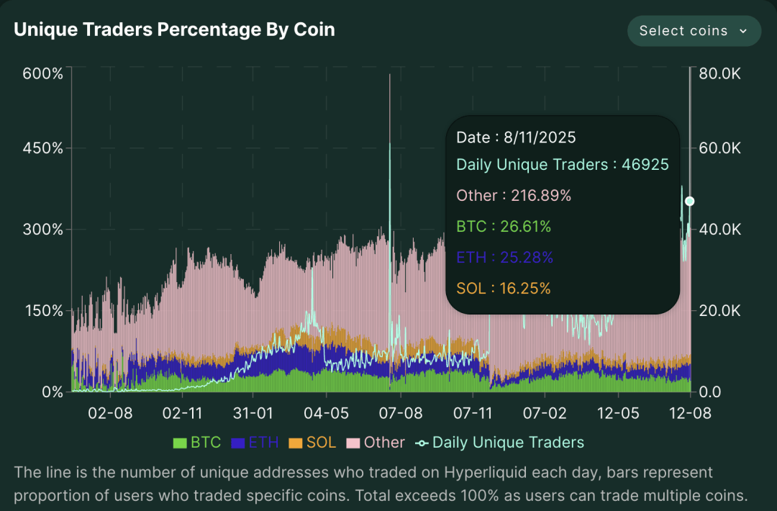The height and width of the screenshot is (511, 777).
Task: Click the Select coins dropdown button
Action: (694, 31)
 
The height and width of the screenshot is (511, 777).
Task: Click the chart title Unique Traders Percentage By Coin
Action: (174, 30)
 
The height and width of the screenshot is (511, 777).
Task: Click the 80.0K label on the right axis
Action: (720, 73)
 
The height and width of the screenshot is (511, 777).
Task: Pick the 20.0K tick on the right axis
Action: (720, 311)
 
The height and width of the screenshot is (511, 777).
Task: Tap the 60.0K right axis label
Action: (720, 148)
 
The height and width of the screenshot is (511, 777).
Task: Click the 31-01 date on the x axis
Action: (254, 414)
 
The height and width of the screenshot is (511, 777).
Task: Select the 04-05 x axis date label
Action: (327, 414)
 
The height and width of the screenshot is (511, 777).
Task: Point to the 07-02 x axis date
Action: (545, 414)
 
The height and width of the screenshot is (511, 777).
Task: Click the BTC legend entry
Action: (197, 443)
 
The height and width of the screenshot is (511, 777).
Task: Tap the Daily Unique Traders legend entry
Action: (501, 443)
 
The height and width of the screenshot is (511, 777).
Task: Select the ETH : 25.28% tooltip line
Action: (504, 258)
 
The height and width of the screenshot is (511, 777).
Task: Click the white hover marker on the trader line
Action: (689, 201)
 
